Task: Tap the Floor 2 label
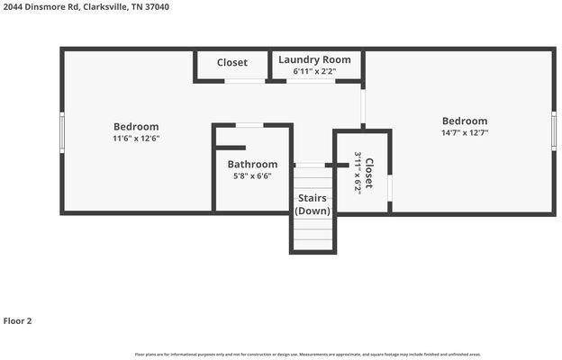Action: pos(18,320)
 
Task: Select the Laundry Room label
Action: pos(313,59)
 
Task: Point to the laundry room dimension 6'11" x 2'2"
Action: pos(313,71)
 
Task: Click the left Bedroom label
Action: pos(136,127)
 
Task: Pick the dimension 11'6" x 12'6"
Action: pos(136,139)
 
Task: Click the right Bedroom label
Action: pos(464,121)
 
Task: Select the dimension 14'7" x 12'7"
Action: pos(464,132)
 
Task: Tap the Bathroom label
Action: pos(252,165)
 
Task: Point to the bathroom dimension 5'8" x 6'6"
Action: pos(252,176)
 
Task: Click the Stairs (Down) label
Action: pos(313,203)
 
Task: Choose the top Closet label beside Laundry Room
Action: pos(232,63)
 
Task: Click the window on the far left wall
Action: pos(61,131)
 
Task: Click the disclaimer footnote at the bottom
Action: pos(308,355)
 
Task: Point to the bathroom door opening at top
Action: pos(249,125)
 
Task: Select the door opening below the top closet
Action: pos(244,82)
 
